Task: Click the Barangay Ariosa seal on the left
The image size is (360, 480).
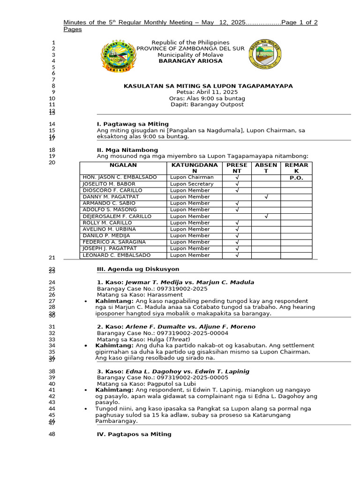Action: click(118, 57)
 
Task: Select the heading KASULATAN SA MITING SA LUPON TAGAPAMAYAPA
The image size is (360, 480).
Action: click(208, 86)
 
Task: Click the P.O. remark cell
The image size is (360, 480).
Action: click(296, 178)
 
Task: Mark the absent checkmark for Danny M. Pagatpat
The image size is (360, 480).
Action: click(266, 197)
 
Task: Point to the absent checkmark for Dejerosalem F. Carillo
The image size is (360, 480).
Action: click(266, 217)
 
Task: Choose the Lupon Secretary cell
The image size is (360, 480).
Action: click(192, 184)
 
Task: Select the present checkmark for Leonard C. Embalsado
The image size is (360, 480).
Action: click(237, 255)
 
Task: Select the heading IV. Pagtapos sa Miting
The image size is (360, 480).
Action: click(134, 435)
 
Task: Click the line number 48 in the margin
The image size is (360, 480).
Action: click(52, 435)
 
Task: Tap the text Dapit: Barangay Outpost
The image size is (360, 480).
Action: click(207, 105)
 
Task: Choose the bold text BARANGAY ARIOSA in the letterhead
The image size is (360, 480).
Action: click(190, 61)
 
